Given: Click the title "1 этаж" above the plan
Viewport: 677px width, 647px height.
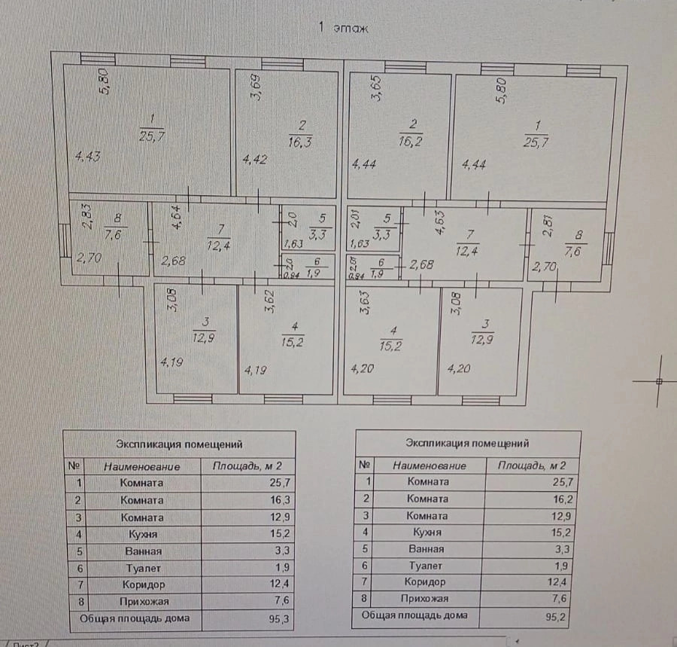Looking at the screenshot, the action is [344, 29].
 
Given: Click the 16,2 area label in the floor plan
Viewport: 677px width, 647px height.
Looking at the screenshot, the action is [411, 139].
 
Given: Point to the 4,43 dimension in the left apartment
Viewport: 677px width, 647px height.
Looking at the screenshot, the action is [88, 157].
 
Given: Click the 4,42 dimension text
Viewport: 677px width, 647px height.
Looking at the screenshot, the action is [254, 159].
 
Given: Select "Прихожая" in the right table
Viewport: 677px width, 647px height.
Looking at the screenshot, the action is [427, 599].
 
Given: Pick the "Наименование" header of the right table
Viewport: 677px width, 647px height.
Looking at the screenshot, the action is [430, 465].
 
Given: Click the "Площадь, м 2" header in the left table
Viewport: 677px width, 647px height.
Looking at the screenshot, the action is [247, 465].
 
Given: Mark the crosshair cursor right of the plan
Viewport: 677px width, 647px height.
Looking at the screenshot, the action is [659, 381].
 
